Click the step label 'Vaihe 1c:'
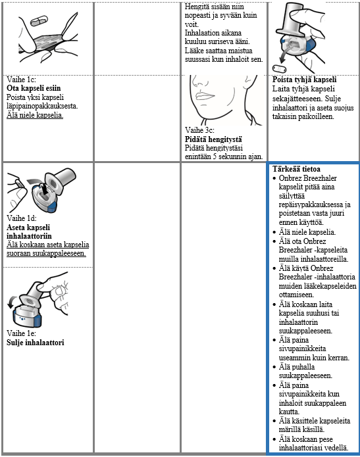[21, 80]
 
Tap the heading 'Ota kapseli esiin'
[34, 88]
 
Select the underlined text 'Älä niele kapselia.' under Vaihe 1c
[35, 115]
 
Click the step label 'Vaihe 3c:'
[199, 130]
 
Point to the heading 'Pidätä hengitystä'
[213, 139]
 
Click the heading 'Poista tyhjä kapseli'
[305, 80]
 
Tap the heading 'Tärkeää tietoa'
[296, 169]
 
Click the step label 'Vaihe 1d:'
[22, 218]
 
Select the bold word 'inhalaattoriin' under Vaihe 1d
[29, 236]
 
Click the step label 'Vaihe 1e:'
[21, 333]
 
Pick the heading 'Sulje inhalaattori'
[36, 343]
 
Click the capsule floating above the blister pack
[39, 20]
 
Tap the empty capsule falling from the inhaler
[279, 69]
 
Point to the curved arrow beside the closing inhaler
[12, 301]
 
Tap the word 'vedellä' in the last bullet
[337, 447]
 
